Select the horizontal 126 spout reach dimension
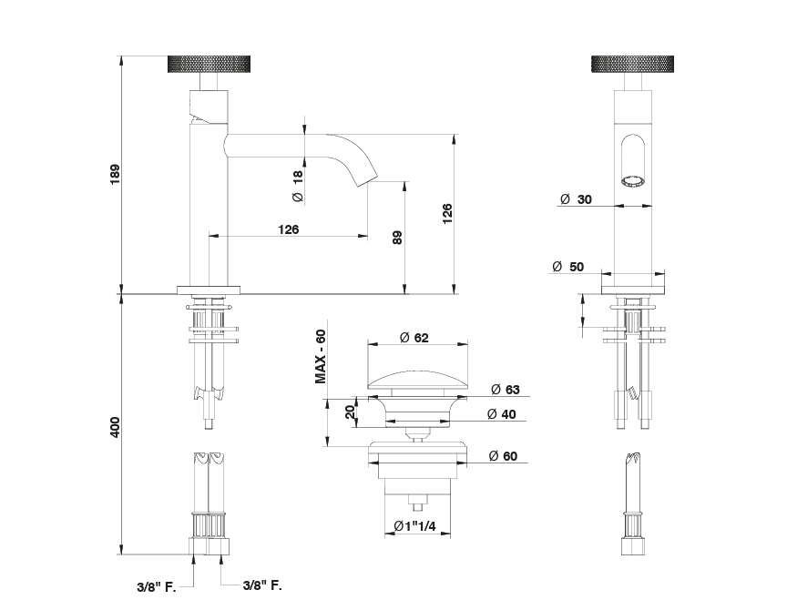click(x=288, y=229)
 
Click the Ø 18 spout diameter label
click(x=297, y=185)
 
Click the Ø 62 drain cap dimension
click(x=414, y=338)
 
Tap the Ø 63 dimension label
click(x=504, y=390)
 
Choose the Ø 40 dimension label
click(x=503, y=414)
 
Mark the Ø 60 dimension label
click(x=503, y=455)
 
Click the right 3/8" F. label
click(x=261, y=587)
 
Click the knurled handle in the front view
click(x=632, y=64)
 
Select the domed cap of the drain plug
click(x=419, y=378)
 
